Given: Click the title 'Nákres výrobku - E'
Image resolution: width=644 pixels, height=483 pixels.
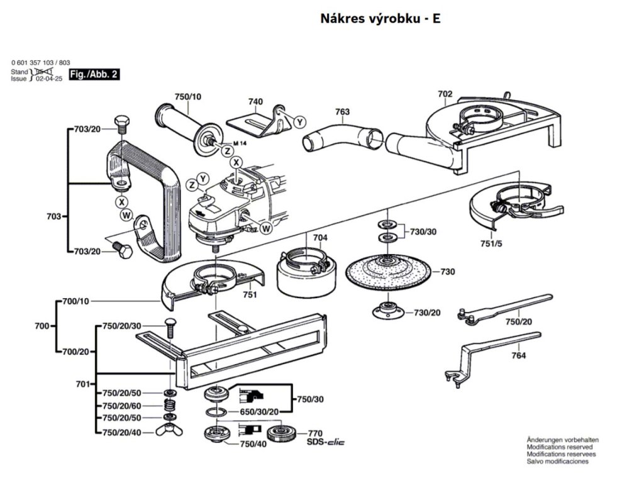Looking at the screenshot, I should coord(380,18).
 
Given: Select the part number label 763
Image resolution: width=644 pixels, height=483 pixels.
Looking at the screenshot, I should coord(342,113).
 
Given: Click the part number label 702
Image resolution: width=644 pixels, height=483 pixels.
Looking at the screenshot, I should coord(445,94).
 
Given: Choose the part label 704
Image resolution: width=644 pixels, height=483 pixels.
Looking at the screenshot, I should coord(320,238).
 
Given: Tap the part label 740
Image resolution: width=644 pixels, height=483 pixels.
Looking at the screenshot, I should coord(255,102).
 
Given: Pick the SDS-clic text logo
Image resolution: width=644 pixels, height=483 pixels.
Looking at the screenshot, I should coord(326,442).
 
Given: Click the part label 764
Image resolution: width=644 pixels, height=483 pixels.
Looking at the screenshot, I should coord(519,357).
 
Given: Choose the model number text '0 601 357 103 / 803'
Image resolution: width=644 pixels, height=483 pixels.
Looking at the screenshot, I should coord(41,64).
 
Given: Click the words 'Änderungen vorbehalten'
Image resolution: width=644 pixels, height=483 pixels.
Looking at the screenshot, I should coord(562,440).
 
